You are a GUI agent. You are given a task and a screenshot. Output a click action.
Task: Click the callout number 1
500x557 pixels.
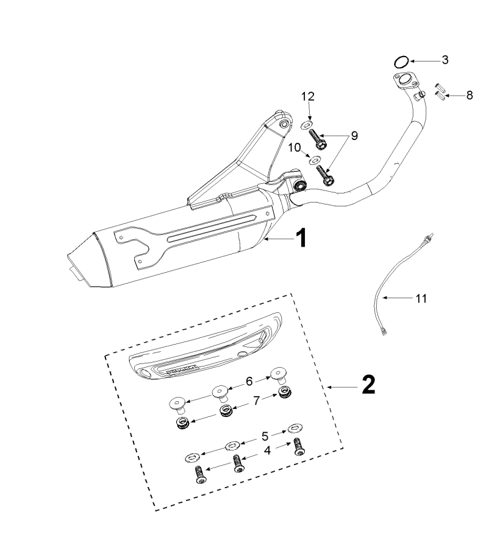[x=301, y=238]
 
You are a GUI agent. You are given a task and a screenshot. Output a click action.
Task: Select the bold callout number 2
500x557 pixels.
[x=368, y=385]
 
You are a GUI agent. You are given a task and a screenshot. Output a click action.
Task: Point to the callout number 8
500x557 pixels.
[x=470, y=95]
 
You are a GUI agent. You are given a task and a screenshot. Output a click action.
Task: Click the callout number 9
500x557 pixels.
[x=354, y=136]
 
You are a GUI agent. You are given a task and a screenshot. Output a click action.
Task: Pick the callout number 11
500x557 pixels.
[x=421, y=298]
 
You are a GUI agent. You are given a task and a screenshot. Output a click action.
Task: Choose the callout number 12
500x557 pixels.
[x=308, y=96]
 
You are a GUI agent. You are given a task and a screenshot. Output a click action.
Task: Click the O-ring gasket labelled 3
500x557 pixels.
[x=401, y=62]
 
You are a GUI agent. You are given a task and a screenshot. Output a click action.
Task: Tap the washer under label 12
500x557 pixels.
[x=307, y=124]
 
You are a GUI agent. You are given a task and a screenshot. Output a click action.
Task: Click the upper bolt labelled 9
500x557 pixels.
[x=318, y=139]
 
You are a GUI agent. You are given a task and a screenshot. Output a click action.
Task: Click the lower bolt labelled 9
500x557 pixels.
[x=325, y=175]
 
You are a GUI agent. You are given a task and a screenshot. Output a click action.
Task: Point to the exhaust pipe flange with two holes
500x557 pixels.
[x=406, y=81]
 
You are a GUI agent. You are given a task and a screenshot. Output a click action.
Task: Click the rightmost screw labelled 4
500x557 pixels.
[x=299, y=447]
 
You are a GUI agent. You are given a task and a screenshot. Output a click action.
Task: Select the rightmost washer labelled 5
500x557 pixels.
[x=295, y=428]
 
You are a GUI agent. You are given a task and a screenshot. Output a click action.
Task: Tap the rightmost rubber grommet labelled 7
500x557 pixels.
[x=285, y=393]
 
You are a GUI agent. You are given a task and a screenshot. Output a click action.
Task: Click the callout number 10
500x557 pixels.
[x=295, y=147]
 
